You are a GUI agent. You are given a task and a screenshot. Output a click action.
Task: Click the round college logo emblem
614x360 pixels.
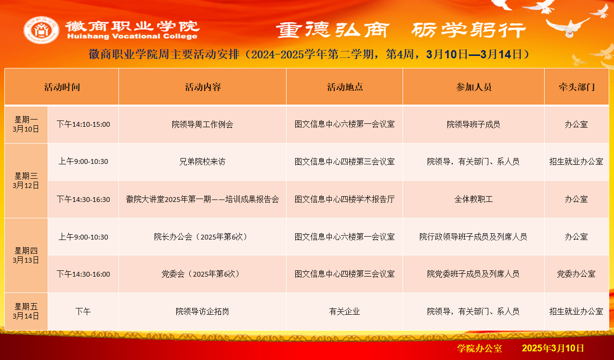(x=41, y=30)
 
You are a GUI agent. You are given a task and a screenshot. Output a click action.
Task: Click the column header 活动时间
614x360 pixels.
(x=62, y=87)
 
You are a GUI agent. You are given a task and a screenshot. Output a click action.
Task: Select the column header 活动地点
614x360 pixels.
(x=345, y=87)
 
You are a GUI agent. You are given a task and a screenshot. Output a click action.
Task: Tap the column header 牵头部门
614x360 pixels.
(x=576, y=87)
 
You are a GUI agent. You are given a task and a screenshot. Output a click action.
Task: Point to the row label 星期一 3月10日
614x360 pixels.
(x=26, y=124)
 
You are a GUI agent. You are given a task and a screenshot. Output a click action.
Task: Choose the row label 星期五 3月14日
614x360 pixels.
(x=26, y=311)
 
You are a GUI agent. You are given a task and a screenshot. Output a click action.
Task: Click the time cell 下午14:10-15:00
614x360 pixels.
(x=83, y=124)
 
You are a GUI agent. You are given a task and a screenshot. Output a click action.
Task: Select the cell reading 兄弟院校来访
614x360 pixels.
(x=202, y=161)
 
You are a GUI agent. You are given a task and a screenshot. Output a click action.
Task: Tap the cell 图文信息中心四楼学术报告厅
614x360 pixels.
(x=344, y=199)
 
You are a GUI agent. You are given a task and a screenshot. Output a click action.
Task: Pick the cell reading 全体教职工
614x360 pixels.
(x=473, y=199)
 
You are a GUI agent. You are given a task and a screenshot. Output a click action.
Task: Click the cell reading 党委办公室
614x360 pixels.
(x=576, y=274)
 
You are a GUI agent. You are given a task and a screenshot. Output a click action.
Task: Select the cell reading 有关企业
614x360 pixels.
(x=344, y=311)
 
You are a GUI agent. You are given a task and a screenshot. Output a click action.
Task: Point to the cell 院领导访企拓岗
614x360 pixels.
(x=202, y=311)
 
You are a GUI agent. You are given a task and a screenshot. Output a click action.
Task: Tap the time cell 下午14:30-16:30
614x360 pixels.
(x=83, y=199)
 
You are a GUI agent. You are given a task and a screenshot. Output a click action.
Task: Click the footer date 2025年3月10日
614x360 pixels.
(x=553, y=348)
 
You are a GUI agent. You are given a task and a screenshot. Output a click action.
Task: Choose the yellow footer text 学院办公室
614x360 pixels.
(x=480, y=348)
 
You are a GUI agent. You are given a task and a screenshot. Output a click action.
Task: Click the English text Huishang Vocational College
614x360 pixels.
(x=132, y=36)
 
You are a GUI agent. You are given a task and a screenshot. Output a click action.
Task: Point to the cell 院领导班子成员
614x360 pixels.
(x=473, y=124)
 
